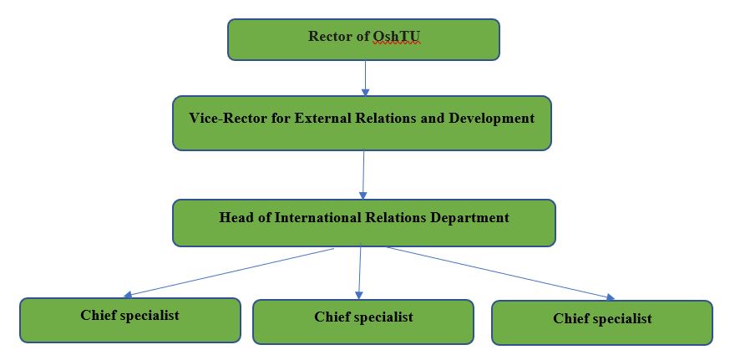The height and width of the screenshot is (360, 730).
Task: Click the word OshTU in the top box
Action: pos(397,36)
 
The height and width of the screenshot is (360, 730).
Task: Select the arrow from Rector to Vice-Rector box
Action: pos(366,79)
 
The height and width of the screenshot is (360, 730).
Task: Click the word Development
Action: pos(492,119)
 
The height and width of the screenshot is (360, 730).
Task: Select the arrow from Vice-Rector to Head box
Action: pos(363,175)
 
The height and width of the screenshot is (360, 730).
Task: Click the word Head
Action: pos(235,217)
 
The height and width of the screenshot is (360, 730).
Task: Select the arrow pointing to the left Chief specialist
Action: pos(229,273)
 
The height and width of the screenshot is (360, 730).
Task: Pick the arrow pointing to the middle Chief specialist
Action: pos(359,271)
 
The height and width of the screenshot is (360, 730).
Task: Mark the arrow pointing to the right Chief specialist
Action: pos(501,273)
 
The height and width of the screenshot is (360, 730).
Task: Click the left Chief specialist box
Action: pos(130,321)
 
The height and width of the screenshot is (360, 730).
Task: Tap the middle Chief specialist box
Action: pos(363,322)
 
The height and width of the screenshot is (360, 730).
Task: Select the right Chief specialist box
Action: pos(602,322)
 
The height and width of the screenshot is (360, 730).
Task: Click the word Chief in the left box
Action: pos(98,315)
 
